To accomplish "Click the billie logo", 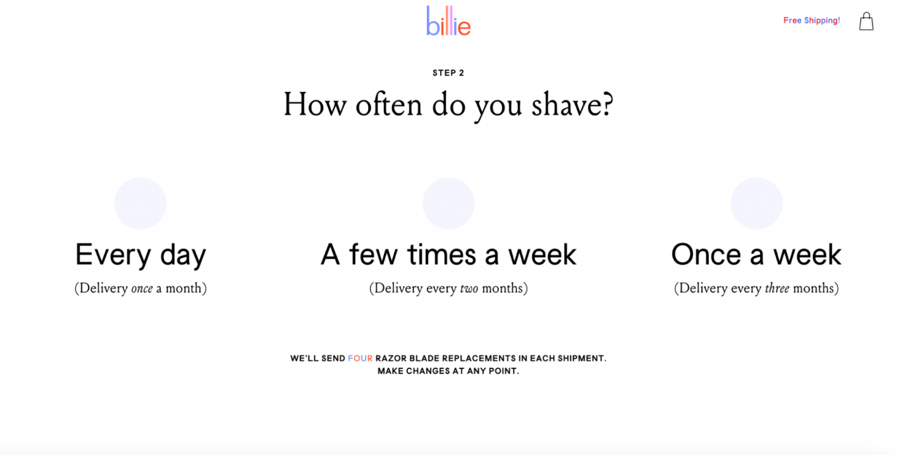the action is point(448,21).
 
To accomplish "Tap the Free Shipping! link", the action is point(811,21).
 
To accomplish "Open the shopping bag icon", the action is point(866,21).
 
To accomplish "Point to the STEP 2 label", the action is point(448,73).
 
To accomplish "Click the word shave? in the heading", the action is point(572,105).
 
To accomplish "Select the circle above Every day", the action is point(140,203).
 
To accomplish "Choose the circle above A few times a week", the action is point(448,203).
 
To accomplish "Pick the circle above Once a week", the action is point(757,203).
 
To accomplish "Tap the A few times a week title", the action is point(448,254).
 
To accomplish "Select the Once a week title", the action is point(756,254).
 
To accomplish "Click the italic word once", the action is point(142,289).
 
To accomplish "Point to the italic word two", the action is point(469,289).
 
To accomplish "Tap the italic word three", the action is point(777,288).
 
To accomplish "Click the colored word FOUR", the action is point(360,358).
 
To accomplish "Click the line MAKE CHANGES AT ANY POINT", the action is point(448,371).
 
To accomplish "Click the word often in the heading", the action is point(389,104).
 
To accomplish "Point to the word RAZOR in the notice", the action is point(391,358).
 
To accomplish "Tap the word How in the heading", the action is point(315,104).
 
